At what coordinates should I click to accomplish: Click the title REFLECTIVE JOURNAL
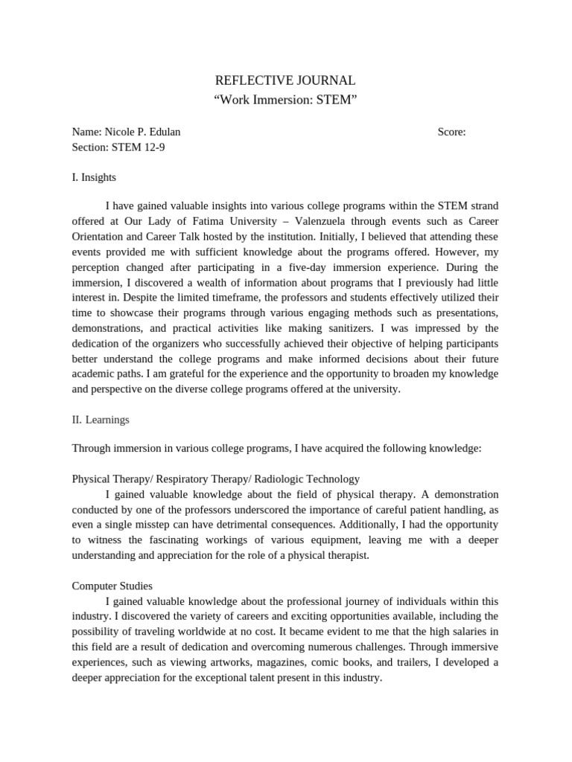[285, 80]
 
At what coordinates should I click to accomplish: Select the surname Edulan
[162, 132]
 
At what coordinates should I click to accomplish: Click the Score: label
[451, 132]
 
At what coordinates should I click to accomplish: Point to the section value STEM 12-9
[139, 147]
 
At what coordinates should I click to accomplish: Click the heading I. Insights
[94, 177]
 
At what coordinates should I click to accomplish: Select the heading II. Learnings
[101, 420]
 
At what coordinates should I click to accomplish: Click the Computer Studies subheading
[112, 586]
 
